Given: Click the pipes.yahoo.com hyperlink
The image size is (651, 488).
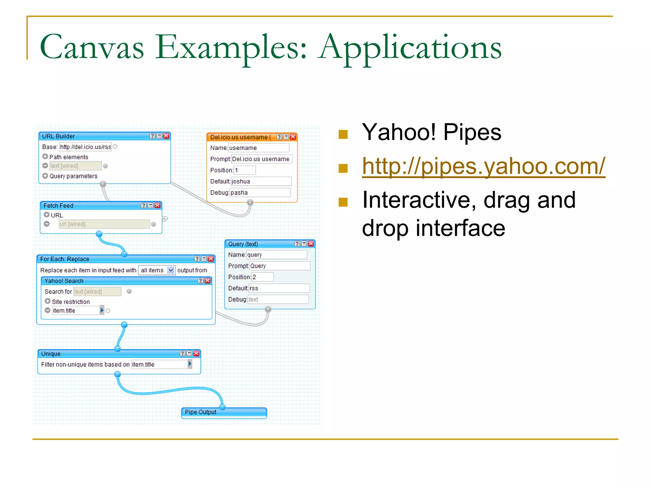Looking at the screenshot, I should (x=483, y=166).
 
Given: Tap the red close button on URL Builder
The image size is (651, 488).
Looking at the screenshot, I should (x=166, y=136).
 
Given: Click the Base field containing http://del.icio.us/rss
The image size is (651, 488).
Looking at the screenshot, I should (x=85, y=147).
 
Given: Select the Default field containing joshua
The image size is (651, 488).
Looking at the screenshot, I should (x=261, y=181).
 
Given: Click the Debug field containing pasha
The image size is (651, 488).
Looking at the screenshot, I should (x=260, y=193).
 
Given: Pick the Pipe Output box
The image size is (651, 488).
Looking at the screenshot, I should (x=224, y=412).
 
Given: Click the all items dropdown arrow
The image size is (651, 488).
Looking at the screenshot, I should (x=171, y=270).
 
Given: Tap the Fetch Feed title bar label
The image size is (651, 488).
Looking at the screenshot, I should (x=58, y=206).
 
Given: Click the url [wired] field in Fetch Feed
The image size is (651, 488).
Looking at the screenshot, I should (x=104, y=224).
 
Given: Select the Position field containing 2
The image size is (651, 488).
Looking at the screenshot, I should (x=262, y=277).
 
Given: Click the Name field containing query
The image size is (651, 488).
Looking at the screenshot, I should (x=276, y=255).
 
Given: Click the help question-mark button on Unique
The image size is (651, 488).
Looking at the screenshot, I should (x=182, y=354).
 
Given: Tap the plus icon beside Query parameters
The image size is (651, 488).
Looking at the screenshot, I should (x=45, y=176).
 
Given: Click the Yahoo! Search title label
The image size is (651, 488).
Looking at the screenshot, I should (x=64, y=281).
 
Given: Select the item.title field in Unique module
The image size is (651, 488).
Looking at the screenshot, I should (x=160, y=364).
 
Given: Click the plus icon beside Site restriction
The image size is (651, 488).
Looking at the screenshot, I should (x=48, y=301).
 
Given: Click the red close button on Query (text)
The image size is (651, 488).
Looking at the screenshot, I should (x=311, y=244).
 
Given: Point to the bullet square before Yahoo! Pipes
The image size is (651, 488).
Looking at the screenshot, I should (x=343, y=134).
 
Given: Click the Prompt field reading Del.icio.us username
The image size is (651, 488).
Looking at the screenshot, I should (x=261, y=159).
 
